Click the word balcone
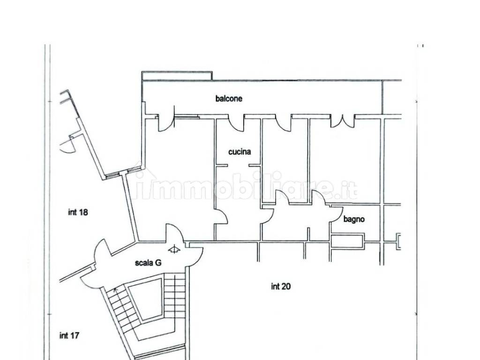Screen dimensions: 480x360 [229, 98]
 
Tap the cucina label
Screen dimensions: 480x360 [240, 151]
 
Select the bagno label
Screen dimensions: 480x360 [354, 219]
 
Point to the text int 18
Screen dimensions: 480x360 [78, 212]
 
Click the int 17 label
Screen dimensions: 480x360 [69, 336]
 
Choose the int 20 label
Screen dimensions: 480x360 [281, 286]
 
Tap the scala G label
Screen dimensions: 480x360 [148, 262]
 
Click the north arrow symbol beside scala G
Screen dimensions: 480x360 [174, 249]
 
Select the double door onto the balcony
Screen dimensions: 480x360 [343, 121]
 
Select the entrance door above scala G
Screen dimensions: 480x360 [175, 233]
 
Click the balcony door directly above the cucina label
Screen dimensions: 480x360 [236, 123]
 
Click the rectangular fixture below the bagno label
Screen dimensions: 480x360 [347, 240]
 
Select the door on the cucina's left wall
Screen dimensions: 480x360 [221, 216]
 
